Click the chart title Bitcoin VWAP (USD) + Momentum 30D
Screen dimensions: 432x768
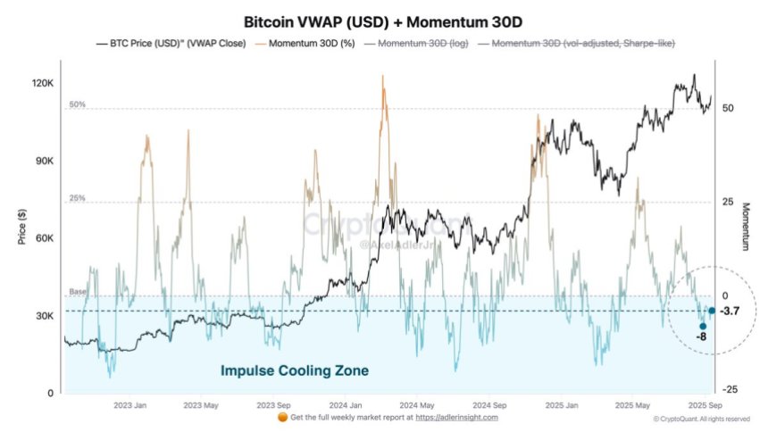385,21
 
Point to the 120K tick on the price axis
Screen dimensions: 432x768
43,83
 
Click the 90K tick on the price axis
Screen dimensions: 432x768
45,161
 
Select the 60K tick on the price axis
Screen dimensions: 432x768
45,238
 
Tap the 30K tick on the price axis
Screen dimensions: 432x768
45,316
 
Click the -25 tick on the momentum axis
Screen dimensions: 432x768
729,389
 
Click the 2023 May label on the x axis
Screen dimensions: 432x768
201,404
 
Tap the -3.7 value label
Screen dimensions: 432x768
730,311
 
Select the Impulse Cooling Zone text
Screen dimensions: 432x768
294,370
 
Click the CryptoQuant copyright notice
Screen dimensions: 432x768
701,419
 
